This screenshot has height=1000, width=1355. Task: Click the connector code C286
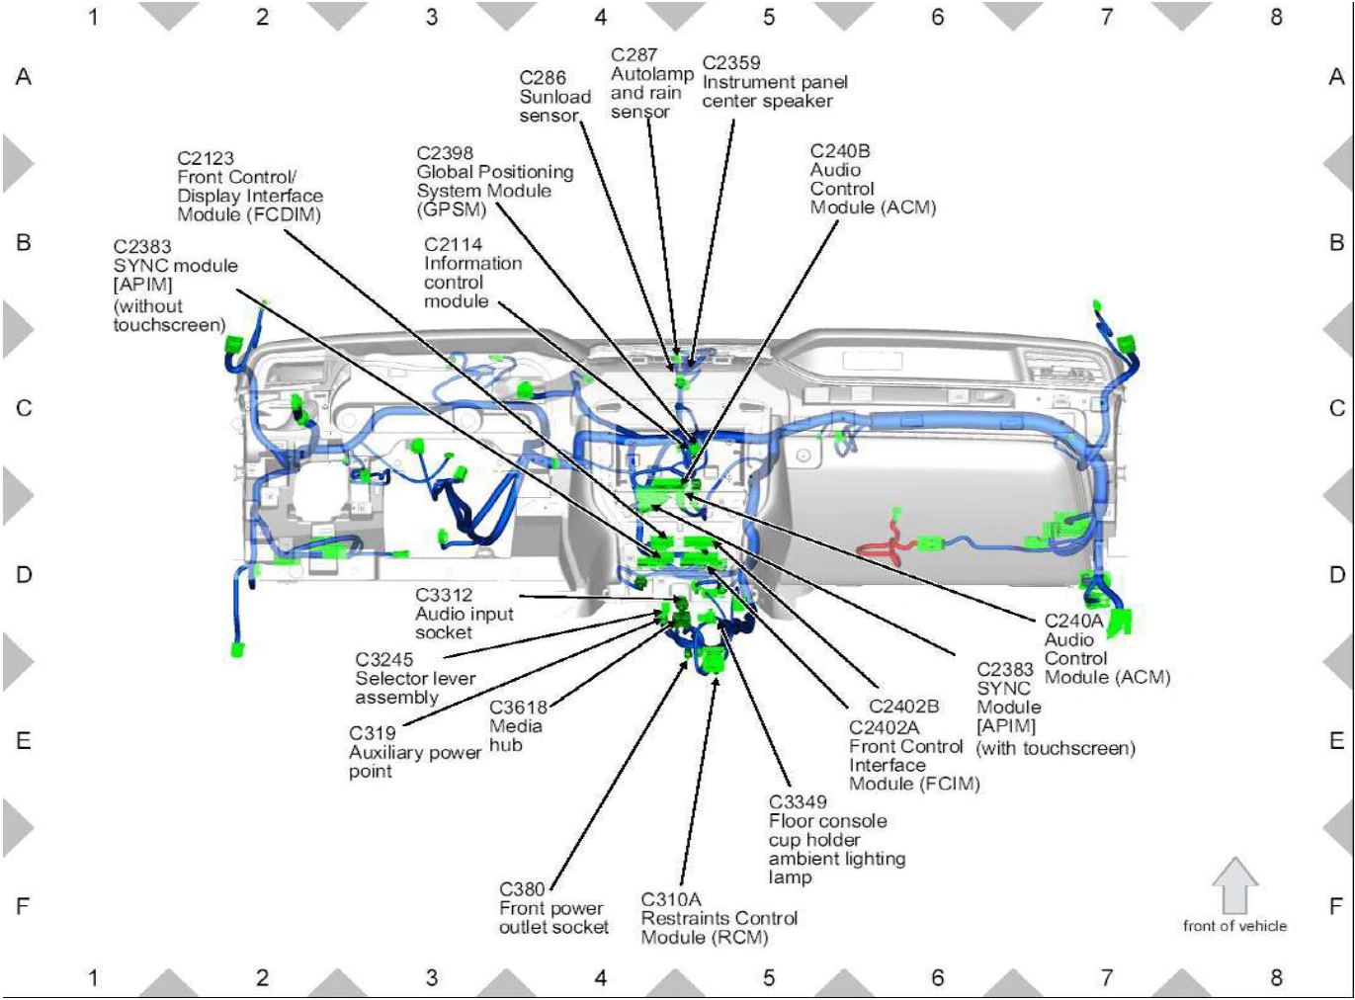(543, 78)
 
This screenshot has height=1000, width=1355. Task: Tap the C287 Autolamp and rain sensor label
(652, 83)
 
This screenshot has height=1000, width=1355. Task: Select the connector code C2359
(731, 63)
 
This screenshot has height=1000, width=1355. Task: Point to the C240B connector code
(840, 151)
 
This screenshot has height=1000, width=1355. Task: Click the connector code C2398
(445, 153)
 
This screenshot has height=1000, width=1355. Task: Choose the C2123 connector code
(206, 158)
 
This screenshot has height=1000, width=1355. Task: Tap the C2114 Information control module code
(453, 244)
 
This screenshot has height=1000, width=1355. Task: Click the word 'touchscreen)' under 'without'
(169, 325)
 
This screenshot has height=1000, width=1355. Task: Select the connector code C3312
(444, 595)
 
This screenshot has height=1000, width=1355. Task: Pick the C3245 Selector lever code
(384, 660)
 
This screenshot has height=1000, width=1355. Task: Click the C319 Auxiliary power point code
(372, 733)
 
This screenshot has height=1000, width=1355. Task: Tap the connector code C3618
(518, 708)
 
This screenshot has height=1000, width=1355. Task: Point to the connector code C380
(522, 889)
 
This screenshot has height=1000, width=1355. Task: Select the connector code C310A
(671, 900)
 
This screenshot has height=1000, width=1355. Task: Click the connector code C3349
(798, 802)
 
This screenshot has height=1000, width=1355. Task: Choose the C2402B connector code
(903, 707)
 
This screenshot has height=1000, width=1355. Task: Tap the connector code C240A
(1074, 621)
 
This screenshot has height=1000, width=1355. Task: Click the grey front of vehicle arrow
(1234, 885)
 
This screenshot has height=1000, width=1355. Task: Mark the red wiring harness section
(886, 541)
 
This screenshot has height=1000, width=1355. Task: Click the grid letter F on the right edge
(1336, 906)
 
